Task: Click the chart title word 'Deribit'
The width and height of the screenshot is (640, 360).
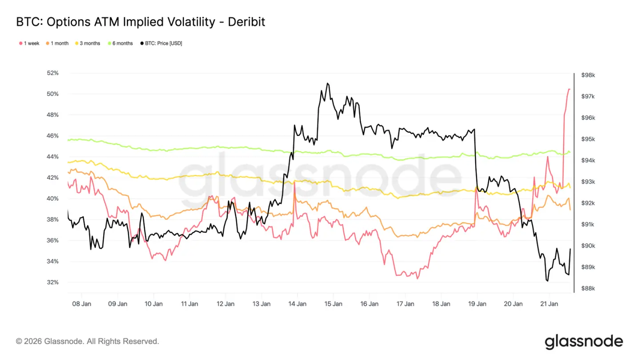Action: pos(246,21)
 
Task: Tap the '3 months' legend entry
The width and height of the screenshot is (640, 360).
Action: pos(89,43)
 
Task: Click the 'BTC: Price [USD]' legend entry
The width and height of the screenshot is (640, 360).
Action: pos(163,43)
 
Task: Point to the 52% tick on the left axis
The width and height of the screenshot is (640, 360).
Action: pos(52,73)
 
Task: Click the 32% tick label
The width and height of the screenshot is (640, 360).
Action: pos(52,282)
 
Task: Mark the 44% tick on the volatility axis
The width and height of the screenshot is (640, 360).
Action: pos(52,156)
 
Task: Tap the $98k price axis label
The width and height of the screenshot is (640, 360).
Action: pos(588,75)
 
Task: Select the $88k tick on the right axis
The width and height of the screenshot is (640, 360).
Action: pos(588,288)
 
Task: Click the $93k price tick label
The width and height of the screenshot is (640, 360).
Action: pos(588,182)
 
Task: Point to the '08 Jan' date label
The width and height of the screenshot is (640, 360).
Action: pos(82,304)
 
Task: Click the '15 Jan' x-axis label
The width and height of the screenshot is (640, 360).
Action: pos(333,304)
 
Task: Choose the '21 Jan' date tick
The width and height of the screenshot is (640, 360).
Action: pos(549,304)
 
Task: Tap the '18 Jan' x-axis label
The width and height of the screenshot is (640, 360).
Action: pos(441,304)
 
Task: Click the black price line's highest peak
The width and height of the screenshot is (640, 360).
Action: pos(328,83)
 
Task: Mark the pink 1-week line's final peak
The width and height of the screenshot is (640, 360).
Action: pos(569,89)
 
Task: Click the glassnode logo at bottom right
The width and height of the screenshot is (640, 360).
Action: pos(584,341)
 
